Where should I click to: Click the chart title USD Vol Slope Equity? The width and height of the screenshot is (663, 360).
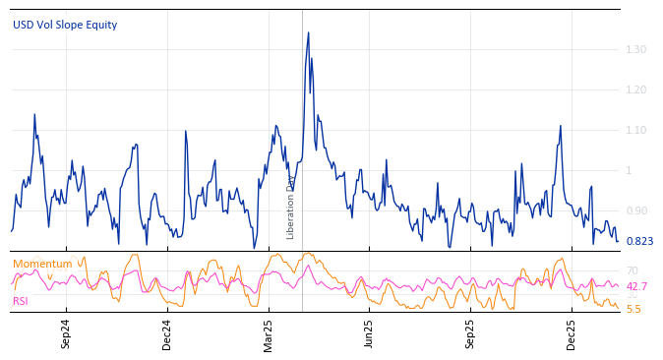[65, 25]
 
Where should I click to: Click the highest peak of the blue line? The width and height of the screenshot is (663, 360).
[308, 33]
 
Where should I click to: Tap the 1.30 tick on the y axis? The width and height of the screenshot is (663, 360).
[635, 49]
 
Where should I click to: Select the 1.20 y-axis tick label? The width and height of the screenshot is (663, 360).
[635, 90]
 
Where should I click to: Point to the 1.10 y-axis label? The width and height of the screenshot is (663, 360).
[635, 130]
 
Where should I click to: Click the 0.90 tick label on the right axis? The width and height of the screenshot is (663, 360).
[635, 210]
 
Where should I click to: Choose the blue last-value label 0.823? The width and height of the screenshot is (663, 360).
[638, 241]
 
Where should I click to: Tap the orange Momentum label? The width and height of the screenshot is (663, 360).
[41, 264]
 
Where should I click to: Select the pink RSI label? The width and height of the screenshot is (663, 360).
[21, 301]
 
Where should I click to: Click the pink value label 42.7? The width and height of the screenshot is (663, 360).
[636, 286]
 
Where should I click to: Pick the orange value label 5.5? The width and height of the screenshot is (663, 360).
[633, 309]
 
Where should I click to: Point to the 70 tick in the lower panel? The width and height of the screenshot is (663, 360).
[633, 270]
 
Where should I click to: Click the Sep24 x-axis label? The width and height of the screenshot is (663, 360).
[66, 334]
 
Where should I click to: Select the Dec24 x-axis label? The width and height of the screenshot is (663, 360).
[166, 334]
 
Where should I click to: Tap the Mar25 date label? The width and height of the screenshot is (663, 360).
[269, 334]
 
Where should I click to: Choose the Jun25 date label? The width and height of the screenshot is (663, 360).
[370, 334]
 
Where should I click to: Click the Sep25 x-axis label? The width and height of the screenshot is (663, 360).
[470, 334]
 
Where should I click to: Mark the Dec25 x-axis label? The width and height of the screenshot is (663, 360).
[572, 334]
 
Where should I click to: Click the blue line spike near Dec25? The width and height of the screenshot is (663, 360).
[560, 126]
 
